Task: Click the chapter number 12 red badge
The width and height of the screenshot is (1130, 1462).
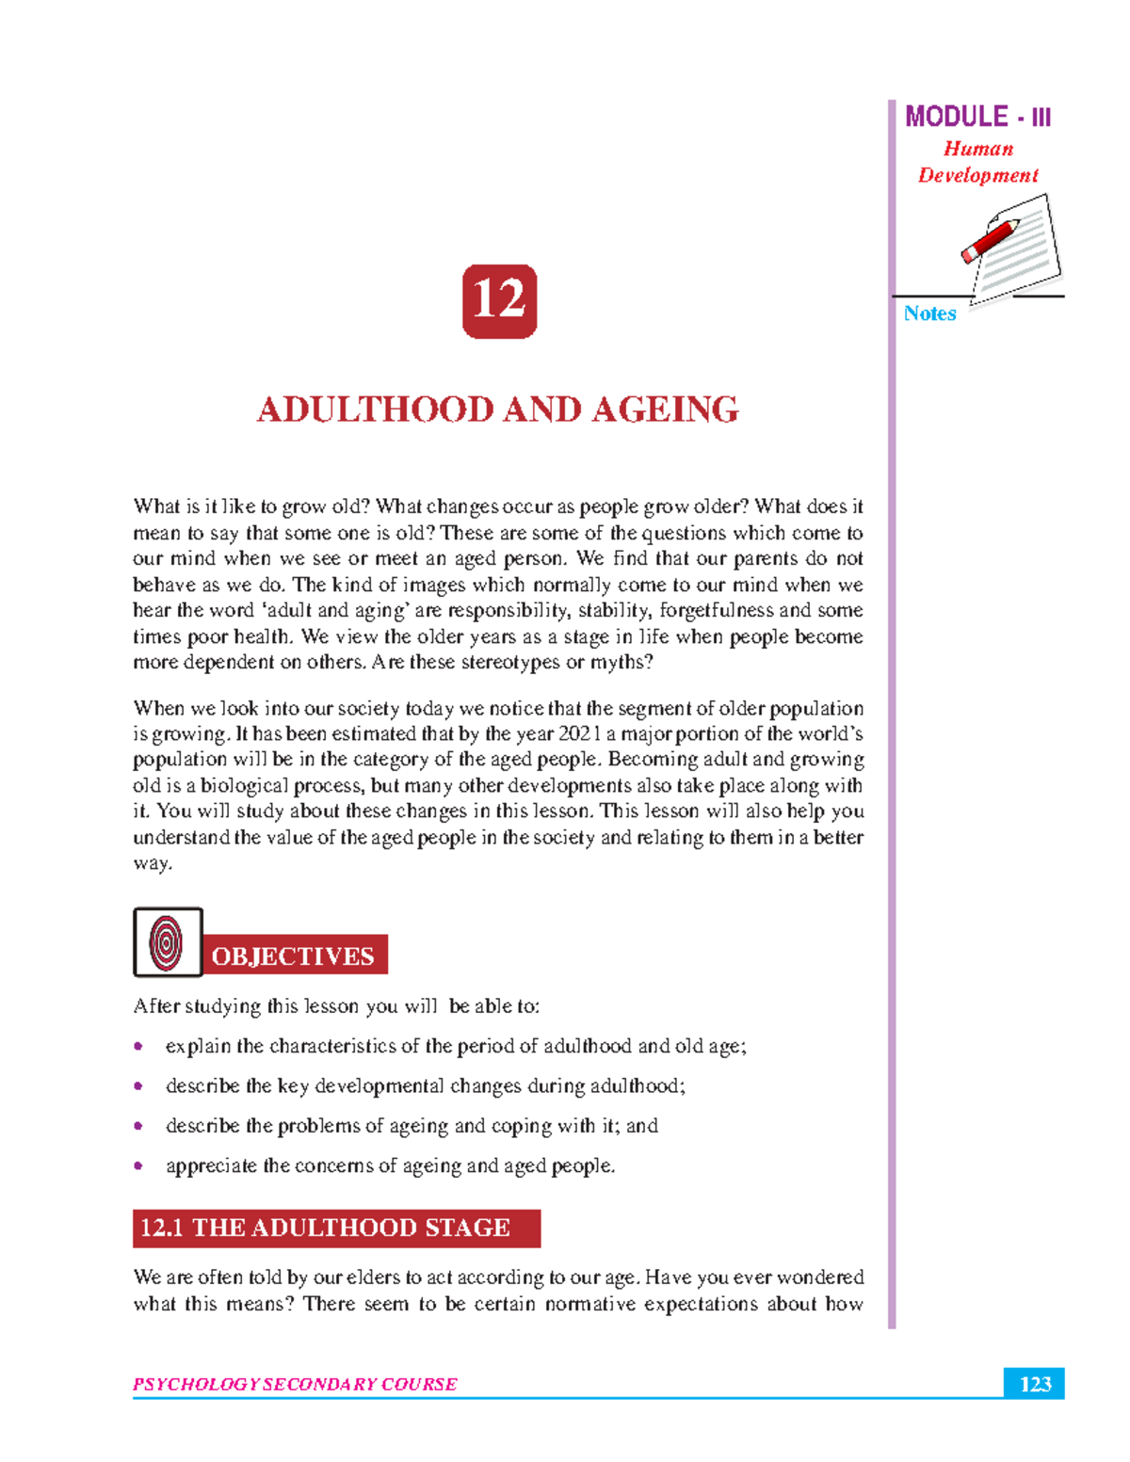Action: coord(499,301)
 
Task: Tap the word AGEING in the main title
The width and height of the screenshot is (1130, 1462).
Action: coord(665,410)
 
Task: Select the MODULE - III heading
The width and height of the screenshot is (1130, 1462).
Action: coord(977,117)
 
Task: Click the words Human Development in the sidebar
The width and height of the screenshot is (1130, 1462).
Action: coord(977,162)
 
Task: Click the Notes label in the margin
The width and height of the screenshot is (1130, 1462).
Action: coord(929,313)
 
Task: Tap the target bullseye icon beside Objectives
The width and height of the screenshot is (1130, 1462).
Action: coord(168,942)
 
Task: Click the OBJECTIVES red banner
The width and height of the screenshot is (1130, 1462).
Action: coord(294,956)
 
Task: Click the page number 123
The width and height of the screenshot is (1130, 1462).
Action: coord(1035,1384)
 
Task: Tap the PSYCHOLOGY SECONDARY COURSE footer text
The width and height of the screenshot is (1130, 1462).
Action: coord(295,1384)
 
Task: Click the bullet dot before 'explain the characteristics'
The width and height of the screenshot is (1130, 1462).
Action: coord(138,1046)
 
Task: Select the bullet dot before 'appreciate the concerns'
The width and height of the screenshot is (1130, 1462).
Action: coord(138,1165)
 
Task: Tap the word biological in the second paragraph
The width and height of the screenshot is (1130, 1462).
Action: coord(238,785)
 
